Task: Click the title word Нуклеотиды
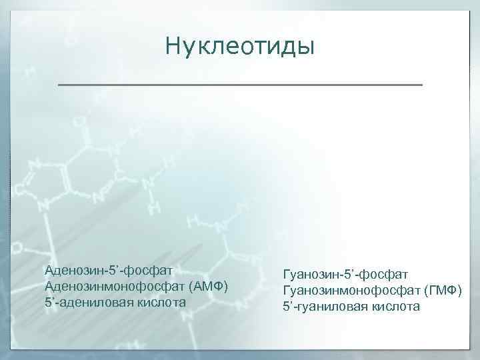pyautogui.click(x=239, y=46)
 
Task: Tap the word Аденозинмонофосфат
pyautogui.click(x=114, y=287)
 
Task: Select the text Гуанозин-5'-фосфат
pyautogui.click(x=346, y=275)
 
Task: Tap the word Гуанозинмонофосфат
pyautogui.click(x=351, y=291)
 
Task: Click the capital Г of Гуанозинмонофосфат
pyautogui.click(x=287, y=291)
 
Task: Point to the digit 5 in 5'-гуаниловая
pyautogui.click(x=287, y=307)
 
